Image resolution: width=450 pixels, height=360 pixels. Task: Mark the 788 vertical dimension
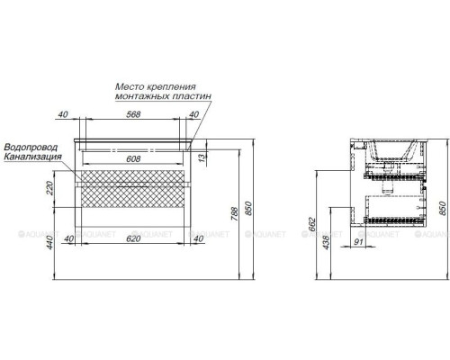tap(236, 213)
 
